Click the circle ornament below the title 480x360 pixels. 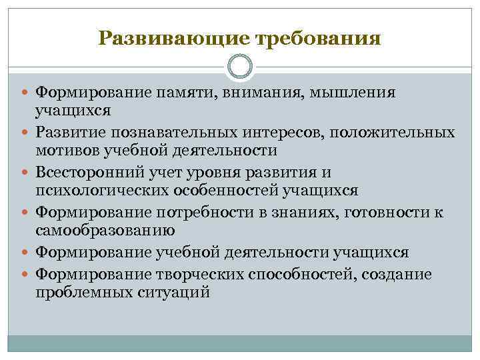[x=240, y=67]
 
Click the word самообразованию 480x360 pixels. [x=105, y=231]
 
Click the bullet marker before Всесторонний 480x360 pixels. [x=26, y=173]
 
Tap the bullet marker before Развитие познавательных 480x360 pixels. [x=26, y=133]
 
